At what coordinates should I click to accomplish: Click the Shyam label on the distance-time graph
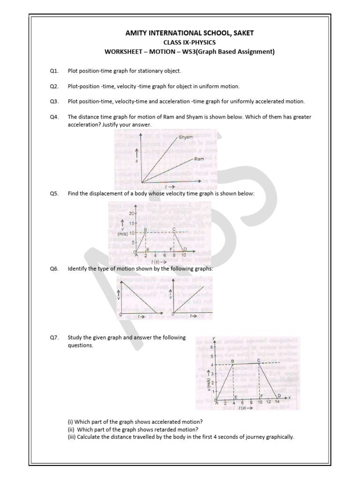coord(186,138)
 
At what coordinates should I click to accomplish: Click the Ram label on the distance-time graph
coord(199,159)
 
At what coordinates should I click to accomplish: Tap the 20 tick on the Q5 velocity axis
coord(132,213)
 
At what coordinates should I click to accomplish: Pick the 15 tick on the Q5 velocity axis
coord(132,224)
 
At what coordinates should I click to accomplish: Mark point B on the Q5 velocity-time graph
coord(145,229)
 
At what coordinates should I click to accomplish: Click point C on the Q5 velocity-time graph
coord(174,229)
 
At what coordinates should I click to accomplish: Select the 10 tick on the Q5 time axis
coord(184,256)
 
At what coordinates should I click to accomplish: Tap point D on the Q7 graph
coord(278,396)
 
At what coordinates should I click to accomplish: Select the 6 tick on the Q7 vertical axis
coord(211,347)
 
